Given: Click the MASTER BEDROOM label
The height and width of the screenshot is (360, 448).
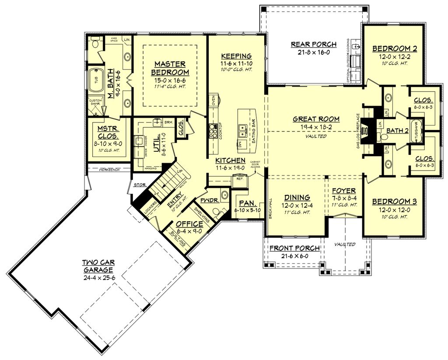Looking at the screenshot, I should tap(170, 68).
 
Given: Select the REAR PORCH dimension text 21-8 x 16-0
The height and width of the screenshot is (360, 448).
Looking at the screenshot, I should tap(314, 52).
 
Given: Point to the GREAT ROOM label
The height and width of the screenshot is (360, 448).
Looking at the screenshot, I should tap(316, 119).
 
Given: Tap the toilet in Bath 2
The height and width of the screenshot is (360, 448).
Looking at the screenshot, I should tap(384, 138).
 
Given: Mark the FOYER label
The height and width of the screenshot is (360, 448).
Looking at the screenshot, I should tap(344, 191).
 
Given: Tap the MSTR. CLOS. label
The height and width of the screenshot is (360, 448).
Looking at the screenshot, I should tap(107, 132).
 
